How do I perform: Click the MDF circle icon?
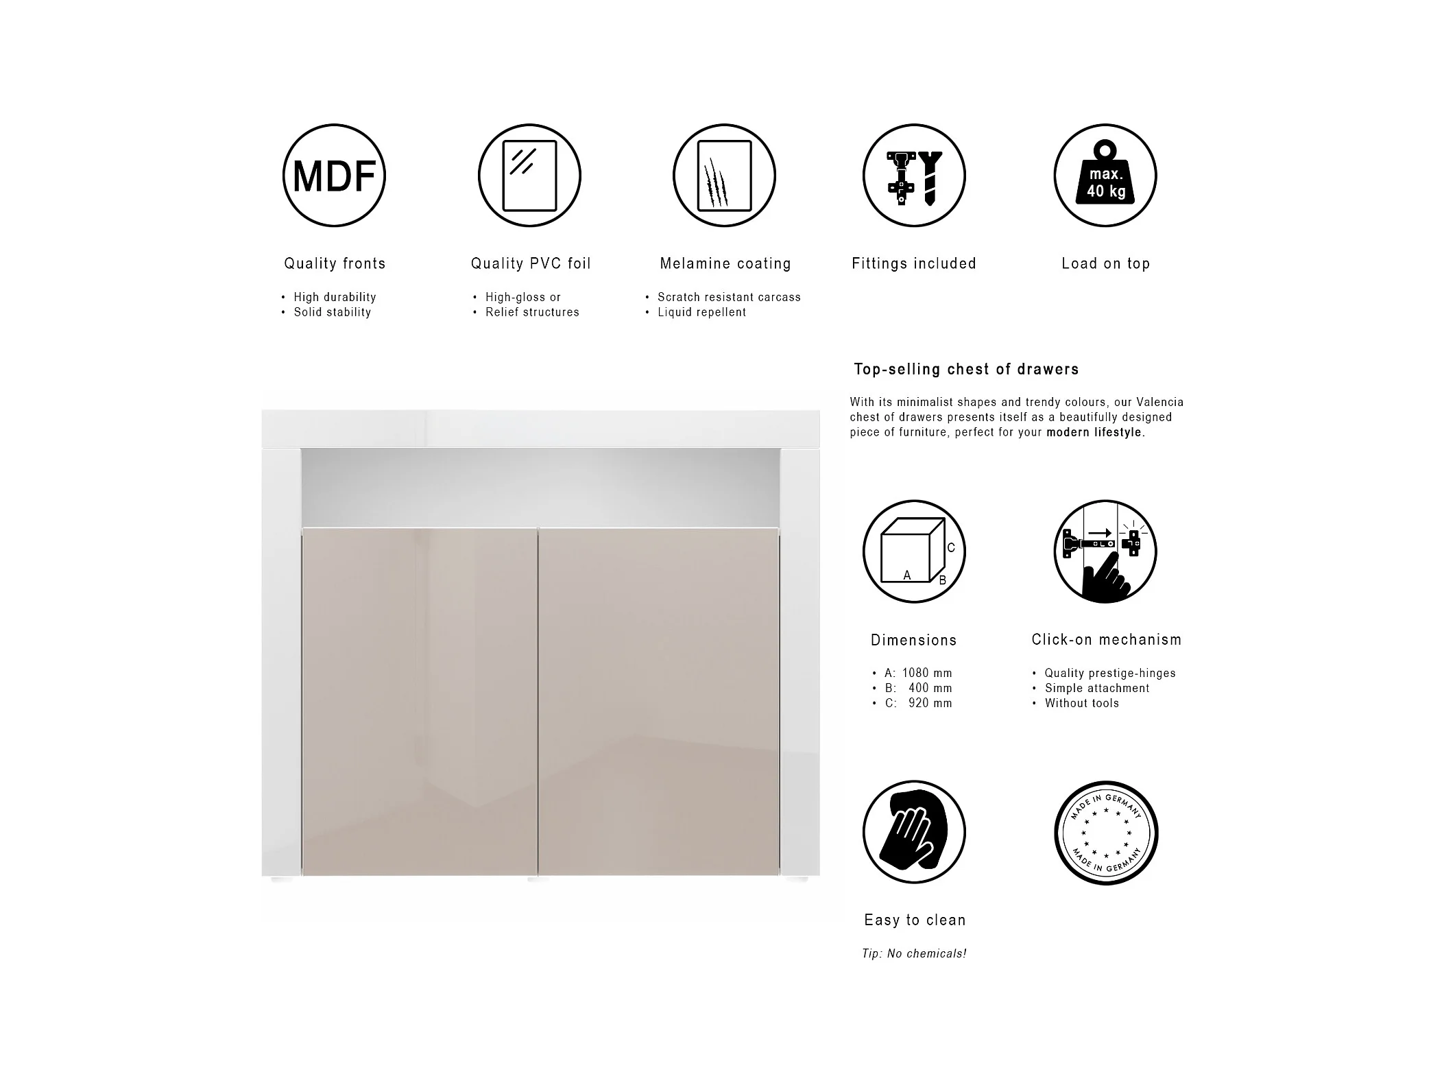[334, 176]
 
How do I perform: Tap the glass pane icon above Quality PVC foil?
[529, 176]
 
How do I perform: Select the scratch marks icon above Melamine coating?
[724, 176]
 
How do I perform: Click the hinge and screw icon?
[914, 176]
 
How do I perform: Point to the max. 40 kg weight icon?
[1105, 176]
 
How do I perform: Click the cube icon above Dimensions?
[914, 551]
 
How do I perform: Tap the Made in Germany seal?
[1106, 833]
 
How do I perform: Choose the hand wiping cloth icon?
[914, 832]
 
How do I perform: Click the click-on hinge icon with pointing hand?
[1105, 551]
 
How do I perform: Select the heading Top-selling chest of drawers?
[966, 369]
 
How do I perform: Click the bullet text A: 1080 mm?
[918, 673]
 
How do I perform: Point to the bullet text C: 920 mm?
[918, 703]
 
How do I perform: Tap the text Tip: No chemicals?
[914, 953]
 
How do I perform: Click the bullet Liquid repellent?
[701, 312]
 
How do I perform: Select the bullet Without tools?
[1081, 703]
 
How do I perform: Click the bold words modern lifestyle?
[1095, 432]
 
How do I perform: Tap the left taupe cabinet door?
[419, 701]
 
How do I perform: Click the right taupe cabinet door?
[659, 701]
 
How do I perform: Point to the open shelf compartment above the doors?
[540, 487]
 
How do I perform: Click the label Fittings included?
[914, 263]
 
